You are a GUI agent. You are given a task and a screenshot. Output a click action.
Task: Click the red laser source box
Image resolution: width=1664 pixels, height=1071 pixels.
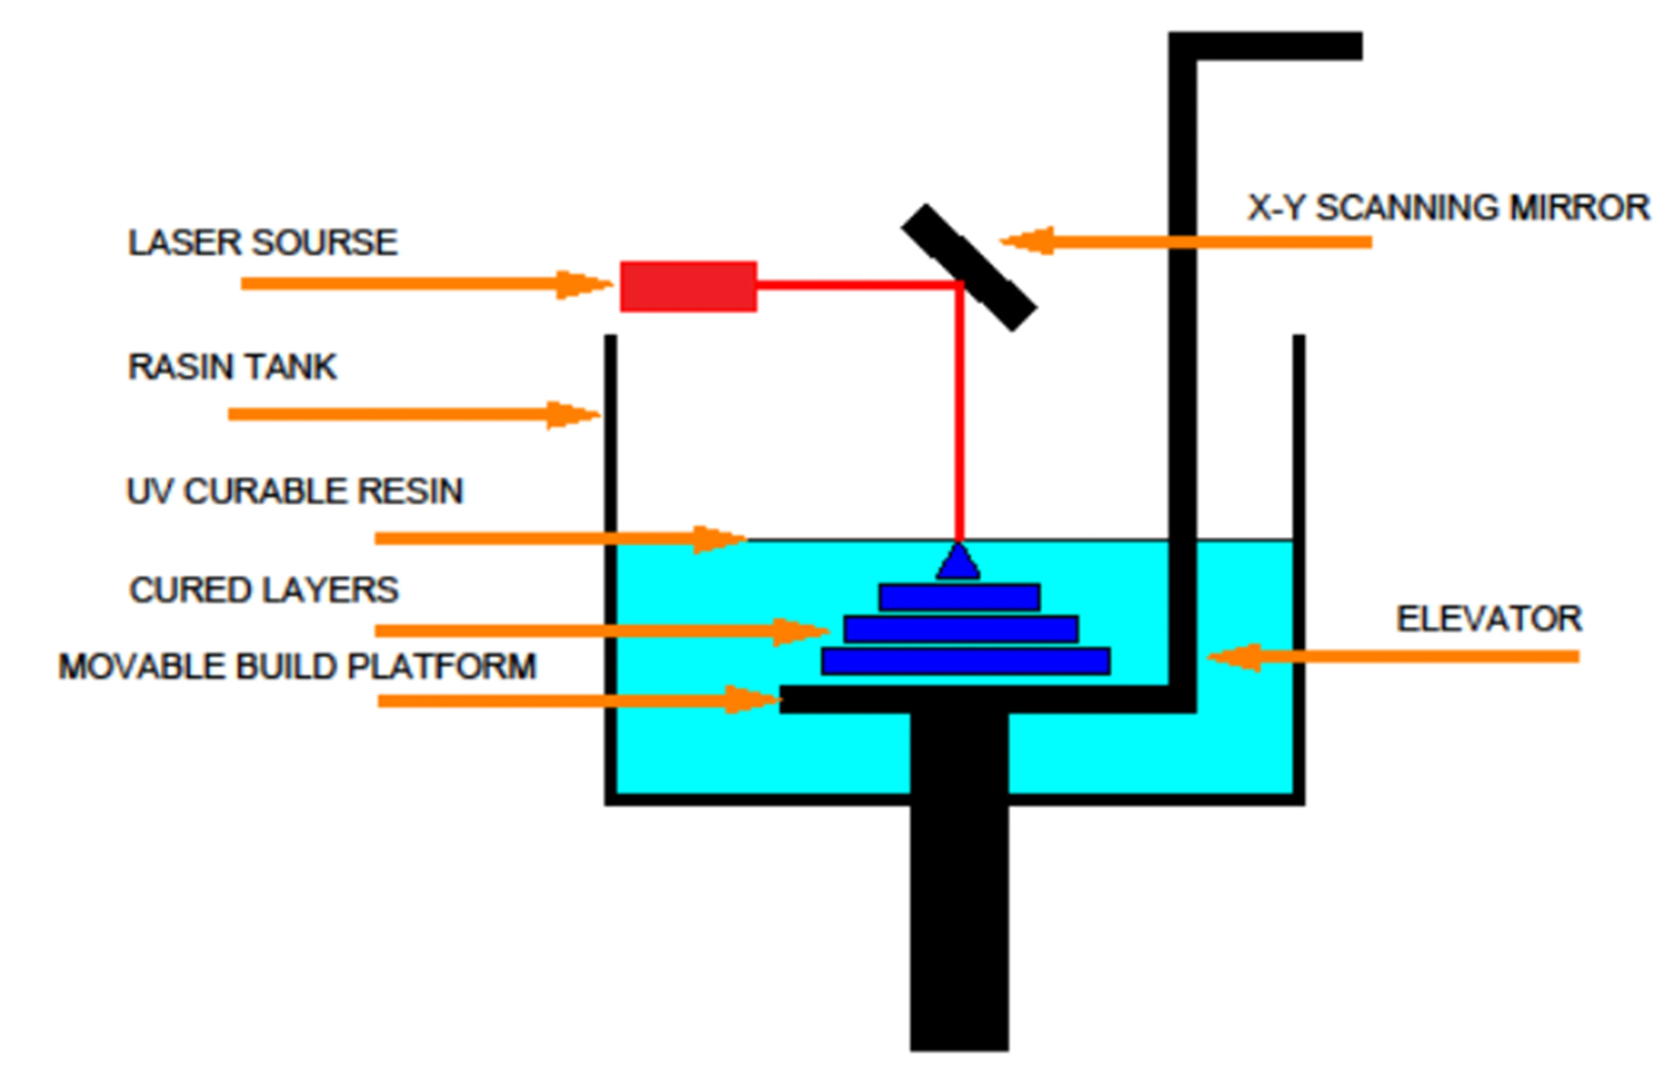tap(688, 287)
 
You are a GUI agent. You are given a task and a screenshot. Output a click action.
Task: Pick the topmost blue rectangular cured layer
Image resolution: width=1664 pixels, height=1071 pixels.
tap(959, 597)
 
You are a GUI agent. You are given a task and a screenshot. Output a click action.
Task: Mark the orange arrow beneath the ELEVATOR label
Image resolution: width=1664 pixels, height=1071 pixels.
tap(1392, 657)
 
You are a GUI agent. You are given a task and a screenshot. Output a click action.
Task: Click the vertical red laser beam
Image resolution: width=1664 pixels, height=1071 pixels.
tap(959, 417)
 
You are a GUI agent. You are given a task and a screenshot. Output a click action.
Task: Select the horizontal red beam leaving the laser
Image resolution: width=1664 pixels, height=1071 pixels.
tap(856, 285)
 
